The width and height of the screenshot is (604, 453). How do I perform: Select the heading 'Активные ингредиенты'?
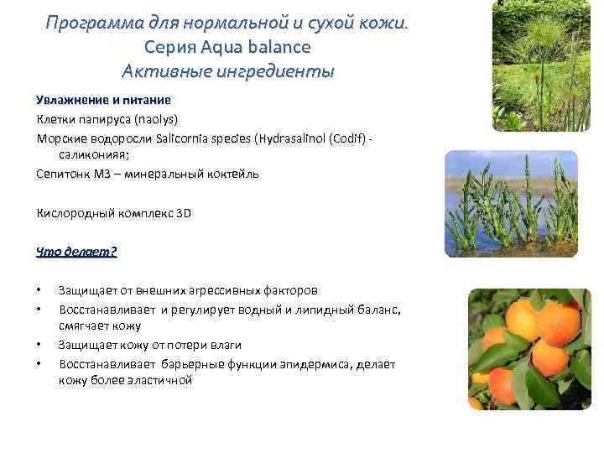pyautogui.click(x=227, y=70)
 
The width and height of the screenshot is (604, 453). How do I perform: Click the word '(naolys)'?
pyautogui.click(x=155, y=119)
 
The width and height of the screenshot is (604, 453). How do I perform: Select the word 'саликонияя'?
pyautogui.click(x=89, y=155)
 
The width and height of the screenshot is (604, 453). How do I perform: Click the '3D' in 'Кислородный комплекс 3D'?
pyautogui.click(x=184, y=213)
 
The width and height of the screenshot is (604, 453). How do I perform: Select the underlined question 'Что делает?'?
pyautogui.click(x=76, y=252)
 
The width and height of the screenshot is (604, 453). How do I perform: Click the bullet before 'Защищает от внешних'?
pyautogui.click(x=39, y=291)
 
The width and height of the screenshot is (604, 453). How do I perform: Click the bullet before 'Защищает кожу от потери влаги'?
pyautogui.click(x=39, y=345)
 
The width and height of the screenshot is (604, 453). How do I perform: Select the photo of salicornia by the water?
pyautogui.click(x=511, y=204)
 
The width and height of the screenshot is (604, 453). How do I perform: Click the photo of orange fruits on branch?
pyautogui.click(x=529, y=349)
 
